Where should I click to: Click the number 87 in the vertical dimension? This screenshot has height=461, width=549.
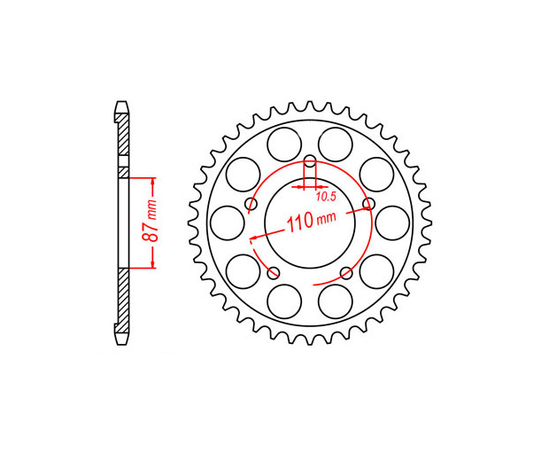[150, 232]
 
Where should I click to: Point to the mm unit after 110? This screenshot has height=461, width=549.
[326, 218]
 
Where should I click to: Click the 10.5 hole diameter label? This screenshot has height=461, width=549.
[326, 197]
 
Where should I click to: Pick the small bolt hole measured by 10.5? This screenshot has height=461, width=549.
[310, 162]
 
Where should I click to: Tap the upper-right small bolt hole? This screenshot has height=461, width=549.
[368, 203]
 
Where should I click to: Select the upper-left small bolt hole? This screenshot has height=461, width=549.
[251, 203]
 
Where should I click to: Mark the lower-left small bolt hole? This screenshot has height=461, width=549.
[274, 272]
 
